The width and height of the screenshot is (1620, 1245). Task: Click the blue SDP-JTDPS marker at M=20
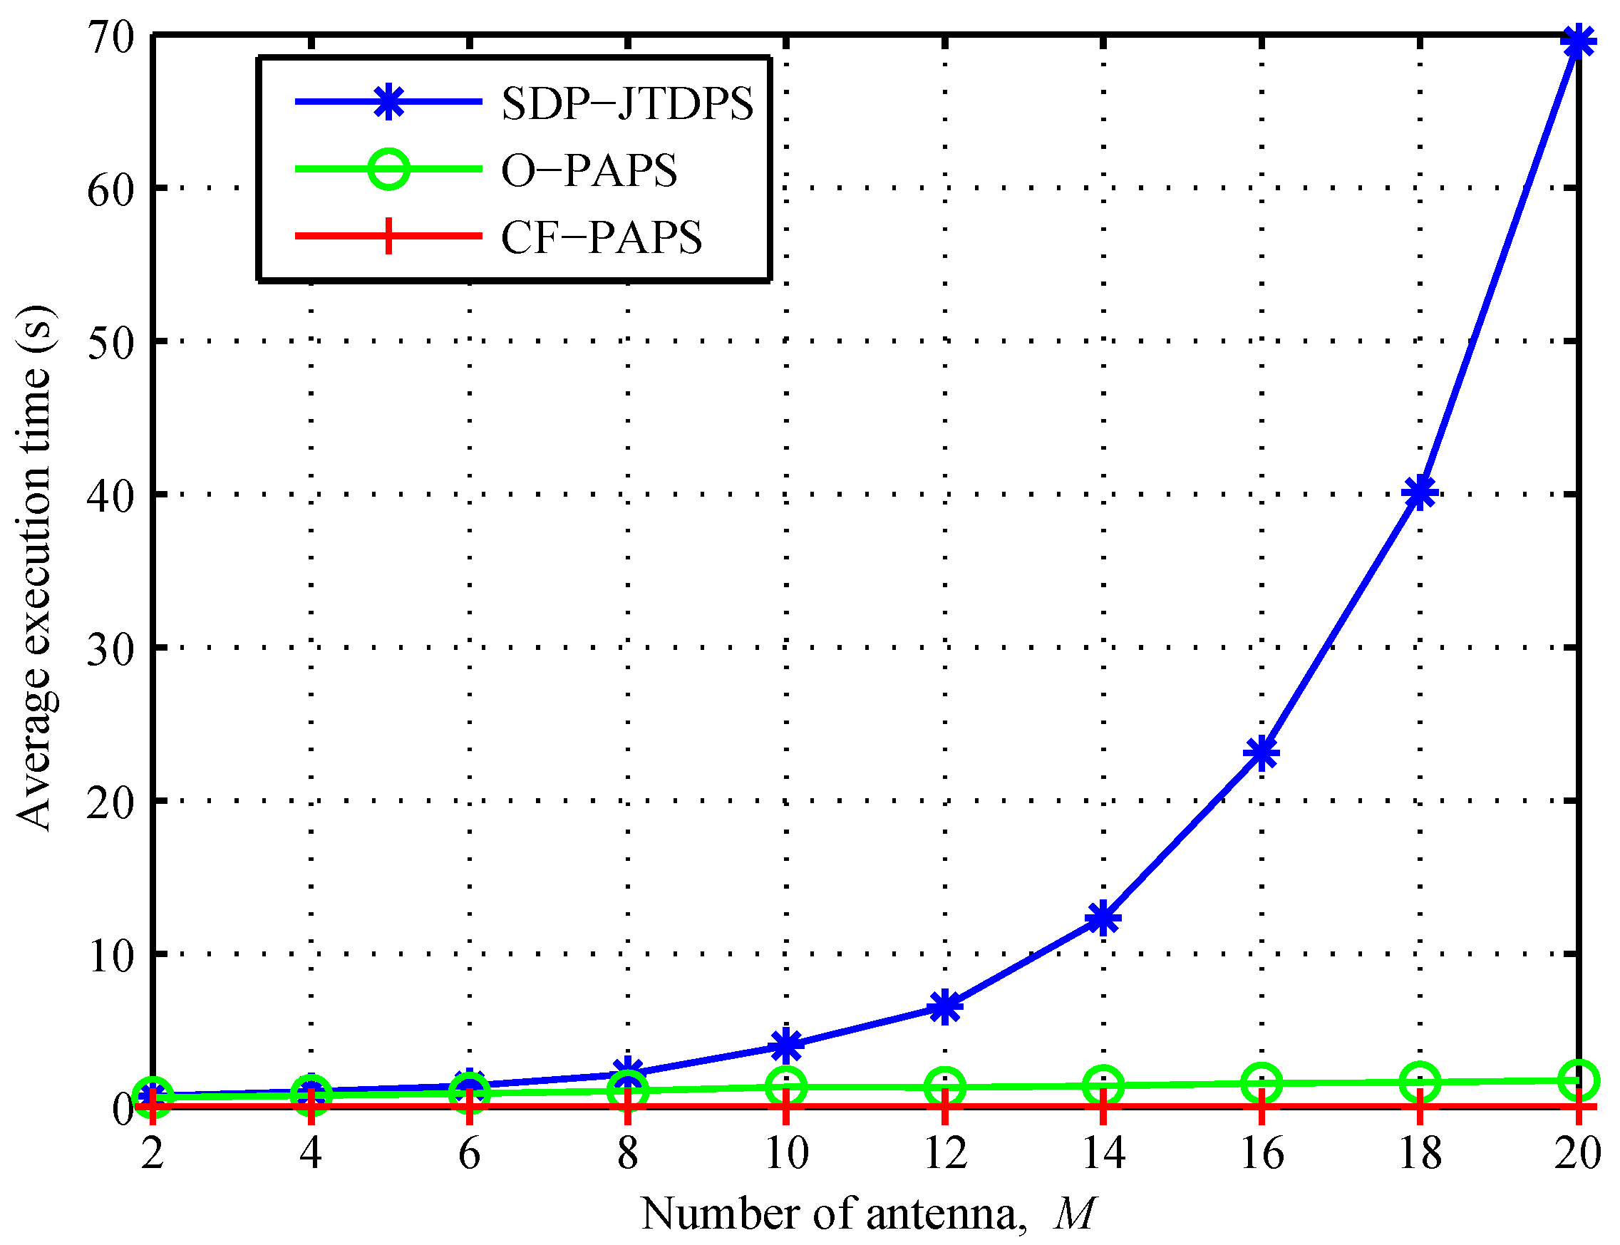click(1578, 41)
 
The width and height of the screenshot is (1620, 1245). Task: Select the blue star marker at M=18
click(1419, 492)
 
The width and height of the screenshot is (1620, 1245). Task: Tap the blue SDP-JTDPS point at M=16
click(1262, 754)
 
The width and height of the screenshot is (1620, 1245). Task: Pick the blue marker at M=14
click(1103, 919)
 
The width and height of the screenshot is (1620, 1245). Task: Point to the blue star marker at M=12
click(945, 1006)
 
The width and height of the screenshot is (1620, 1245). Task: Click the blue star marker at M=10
click(786, 1045)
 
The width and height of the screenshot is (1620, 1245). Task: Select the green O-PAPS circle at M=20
click(1578, 1080)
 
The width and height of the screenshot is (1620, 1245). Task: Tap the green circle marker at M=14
click(1103, 1085)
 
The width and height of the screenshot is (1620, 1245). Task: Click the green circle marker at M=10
click(786, 1088)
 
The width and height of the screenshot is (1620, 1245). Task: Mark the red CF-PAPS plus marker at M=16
click(1262, 1108)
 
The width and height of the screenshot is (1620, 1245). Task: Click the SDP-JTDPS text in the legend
click(627, 103)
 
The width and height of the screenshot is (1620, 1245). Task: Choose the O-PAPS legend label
click(589, 170)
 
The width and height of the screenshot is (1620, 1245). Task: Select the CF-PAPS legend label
click(601, 238)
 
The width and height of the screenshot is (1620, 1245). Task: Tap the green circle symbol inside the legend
click(388, 169)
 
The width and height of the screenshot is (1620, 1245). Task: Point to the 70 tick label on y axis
click(111, 37)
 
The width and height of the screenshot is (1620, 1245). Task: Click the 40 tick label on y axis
click(111, 495)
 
